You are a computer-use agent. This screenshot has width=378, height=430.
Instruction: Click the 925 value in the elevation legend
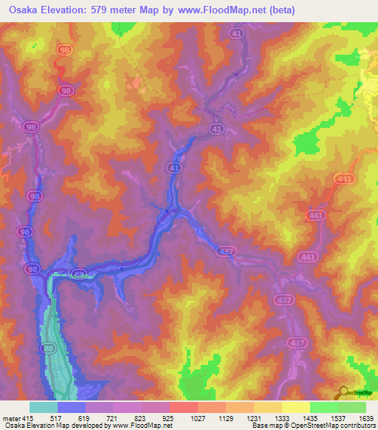(170, 418)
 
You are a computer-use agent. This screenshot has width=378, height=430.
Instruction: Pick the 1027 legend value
(197, 418)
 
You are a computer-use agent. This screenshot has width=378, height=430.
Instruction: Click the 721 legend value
(114, 418)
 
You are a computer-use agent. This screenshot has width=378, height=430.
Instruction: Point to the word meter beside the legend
(11, 418)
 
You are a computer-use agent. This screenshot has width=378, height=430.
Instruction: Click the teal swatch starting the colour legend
(44, 407)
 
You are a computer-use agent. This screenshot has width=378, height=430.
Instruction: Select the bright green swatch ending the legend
(352, 407)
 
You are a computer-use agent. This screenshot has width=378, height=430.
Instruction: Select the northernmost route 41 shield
(236, 33)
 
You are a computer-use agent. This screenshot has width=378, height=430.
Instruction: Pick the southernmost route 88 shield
(49, 348)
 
